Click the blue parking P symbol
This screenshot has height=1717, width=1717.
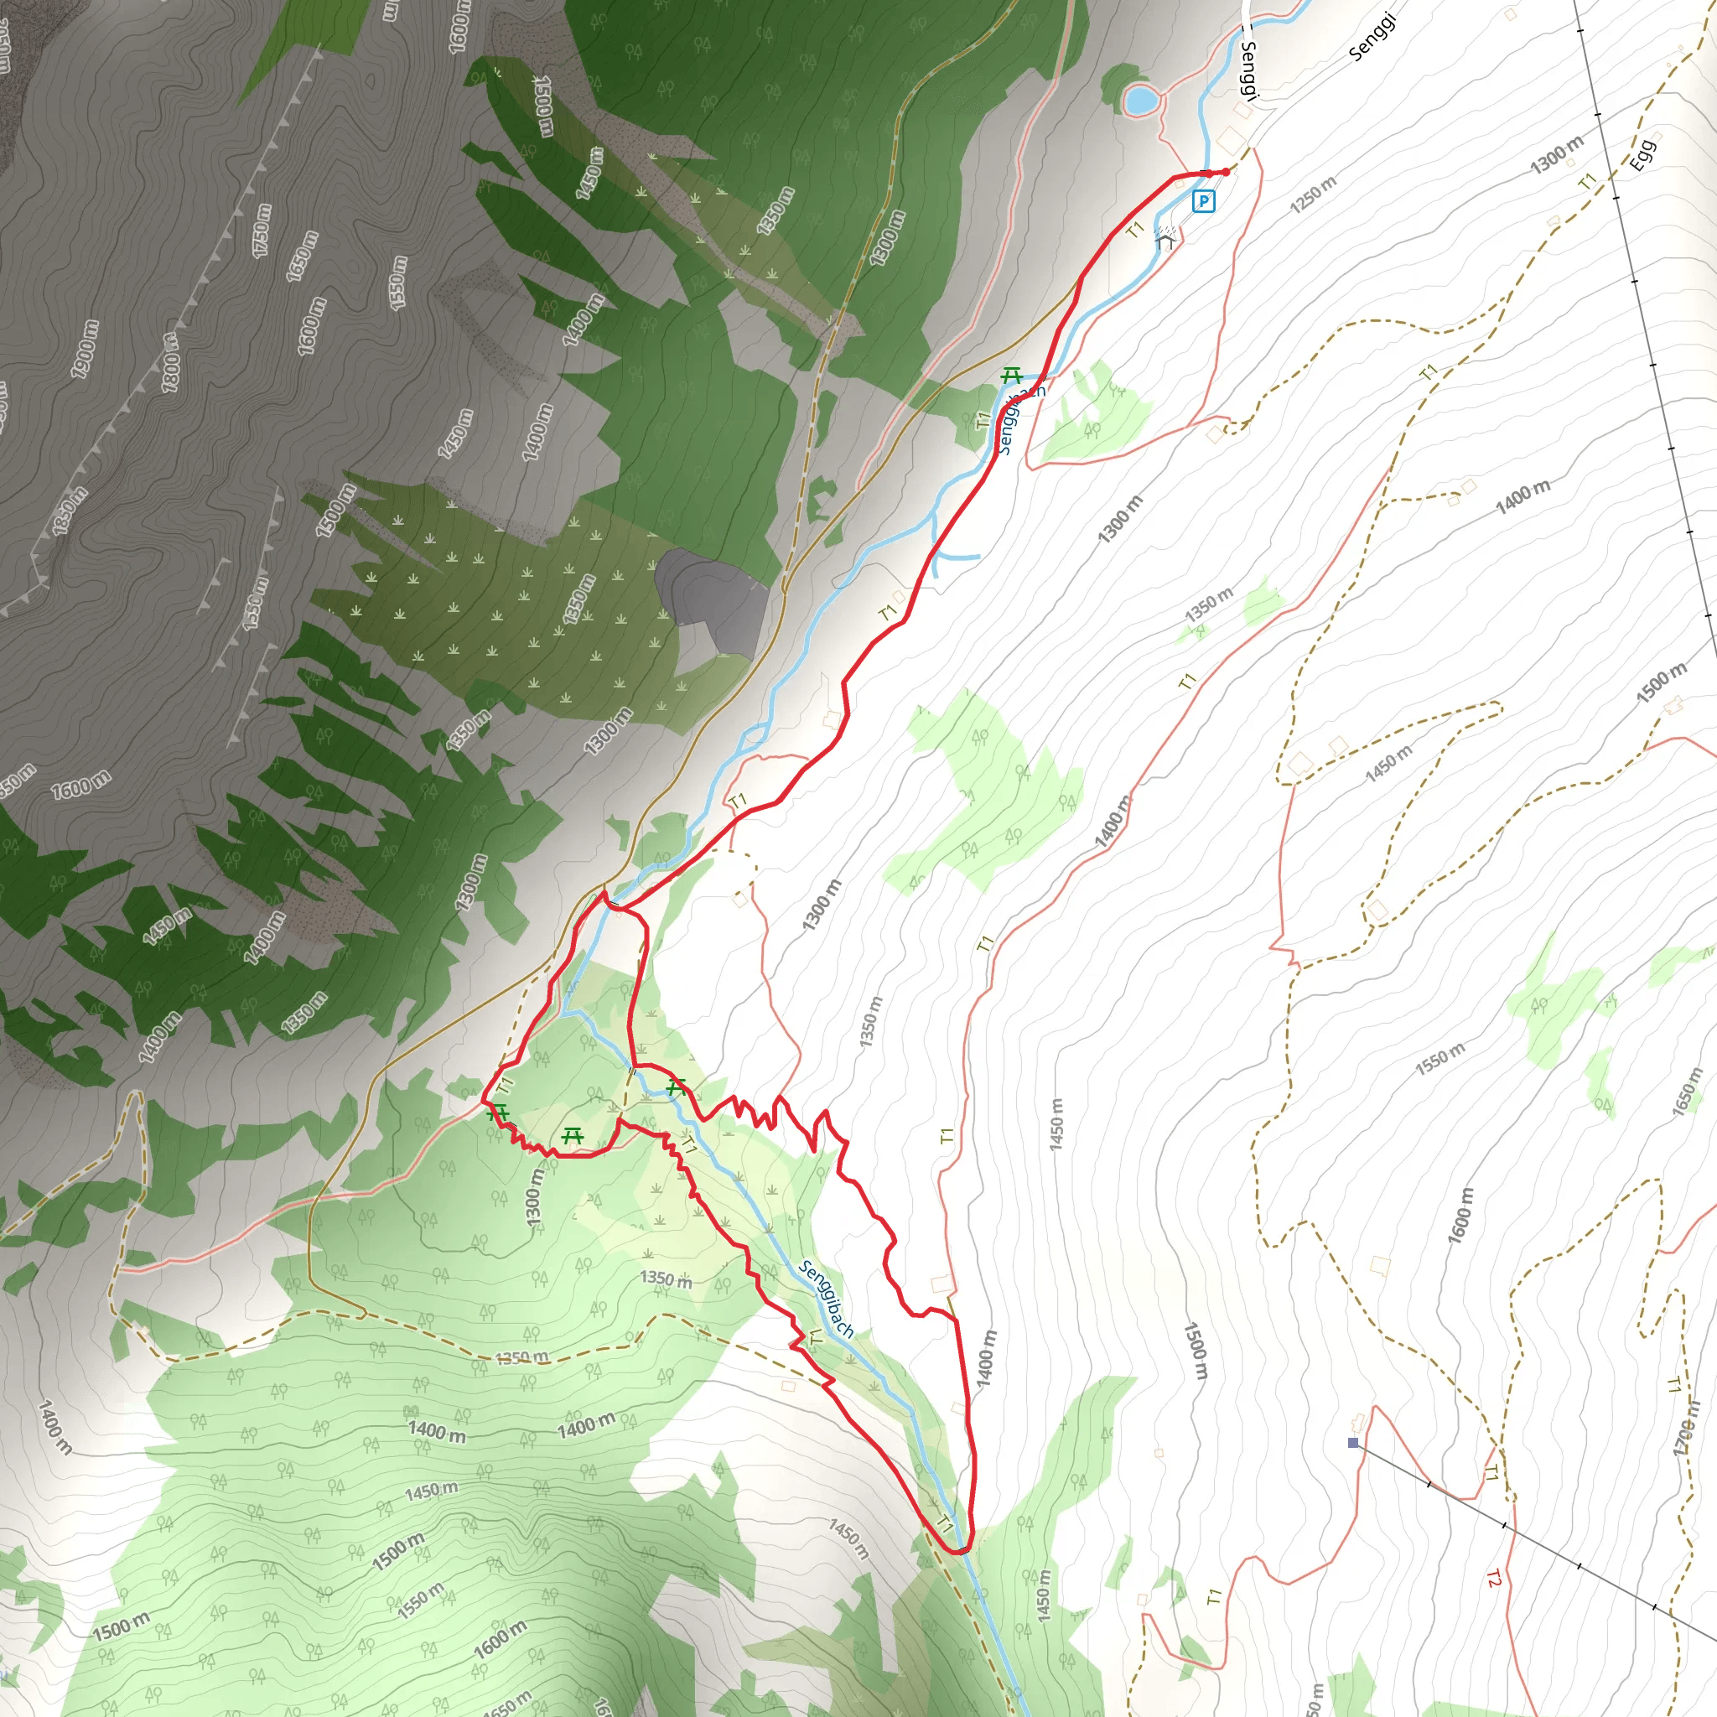point(1203,202)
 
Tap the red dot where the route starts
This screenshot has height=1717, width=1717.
point(1226,172)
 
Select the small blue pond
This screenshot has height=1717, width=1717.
point(1140,100)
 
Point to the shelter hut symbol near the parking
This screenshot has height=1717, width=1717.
point(1166,238)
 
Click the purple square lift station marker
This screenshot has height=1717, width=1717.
point(1353,1442)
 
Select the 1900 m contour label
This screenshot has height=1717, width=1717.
point(86,349)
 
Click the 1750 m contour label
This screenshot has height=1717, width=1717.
point(262,231)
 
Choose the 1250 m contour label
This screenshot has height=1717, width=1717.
point(1314,194)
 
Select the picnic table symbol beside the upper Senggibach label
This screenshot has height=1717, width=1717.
point(1010,375)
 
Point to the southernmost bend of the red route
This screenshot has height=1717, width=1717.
point(962,1551)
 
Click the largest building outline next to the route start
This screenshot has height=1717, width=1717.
point(1232,139)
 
